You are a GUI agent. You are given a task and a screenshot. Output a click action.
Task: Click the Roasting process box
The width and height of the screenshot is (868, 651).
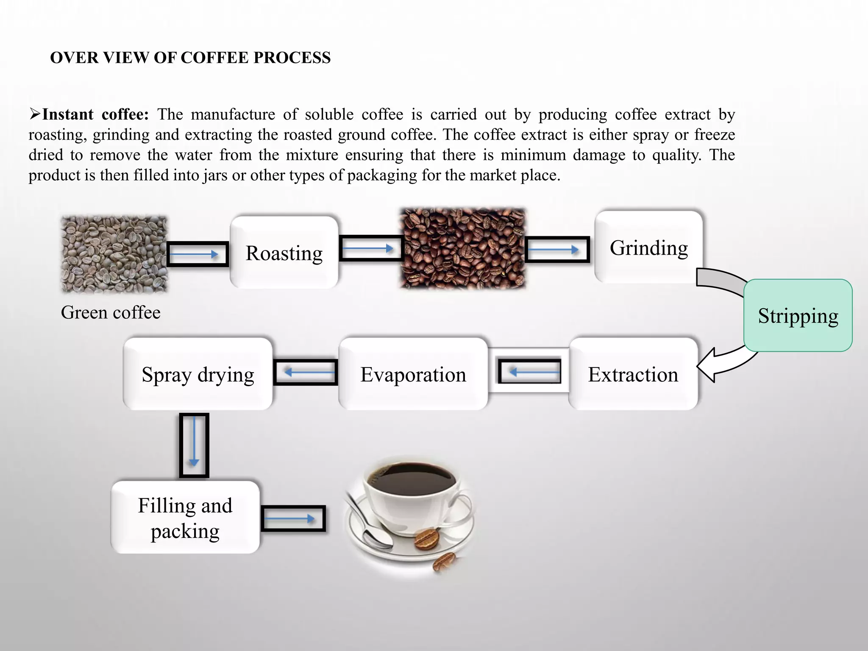coord(284,253)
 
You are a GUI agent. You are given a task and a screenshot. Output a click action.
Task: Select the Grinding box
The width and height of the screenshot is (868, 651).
coord(648,248)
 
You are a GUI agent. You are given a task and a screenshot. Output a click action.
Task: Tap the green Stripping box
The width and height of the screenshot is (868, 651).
coord(798,315)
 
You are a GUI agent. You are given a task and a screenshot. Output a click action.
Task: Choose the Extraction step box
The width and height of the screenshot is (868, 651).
coord(633,374)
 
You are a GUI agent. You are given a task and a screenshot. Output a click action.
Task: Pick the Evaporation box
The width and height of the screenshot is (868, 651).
coord(413,374)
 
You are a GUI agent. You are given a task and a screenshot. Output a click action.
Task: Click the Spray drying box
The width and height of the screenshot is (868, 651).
coord(198,374)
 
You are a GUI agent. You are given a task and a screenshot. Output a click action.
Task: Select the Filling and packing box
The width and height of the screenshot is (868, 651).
coord(185,517)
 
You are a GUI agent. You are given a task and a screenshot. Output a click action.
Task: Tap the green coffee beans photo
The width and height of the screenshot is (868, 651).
coord(114,254)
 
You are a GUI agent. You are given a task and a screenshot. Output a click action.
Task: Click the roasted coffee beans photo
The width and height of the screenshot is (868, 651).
coord(463,249)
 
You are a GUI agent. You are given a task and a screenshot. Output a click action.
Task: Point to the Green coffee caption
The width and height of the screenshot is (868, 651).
coord(111,313)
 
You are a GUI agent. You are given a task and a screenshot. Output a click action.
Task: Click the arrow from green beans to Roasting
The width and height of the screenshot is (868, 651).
coord(198,254)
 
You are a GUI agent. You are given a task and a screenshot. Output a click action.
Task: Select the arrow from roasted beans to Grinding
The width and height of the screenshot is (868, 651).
coord(557,250)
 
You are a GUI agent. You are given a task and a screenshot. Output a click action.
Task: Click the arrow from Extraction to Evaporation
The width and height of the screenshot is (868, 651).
coord(529,372)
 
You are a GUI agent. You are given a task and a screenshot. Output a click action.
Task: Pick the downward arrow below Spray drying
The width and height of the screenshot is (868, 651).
coord(194,445)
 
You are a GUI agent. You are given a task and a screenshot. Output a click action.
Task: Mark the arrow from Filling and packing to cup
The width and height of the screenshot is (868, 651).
coord(293,518)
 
